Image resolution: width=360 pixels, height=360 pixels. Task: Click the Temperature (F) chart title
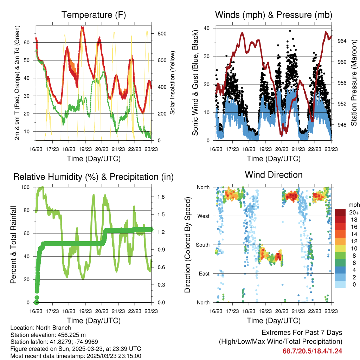coord(94,15)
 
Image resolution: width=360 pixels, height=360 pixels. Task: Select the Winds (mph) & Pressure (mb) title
coord(274,15)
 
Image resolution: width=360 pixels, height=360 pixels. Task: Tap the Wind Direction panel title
coord(274,175)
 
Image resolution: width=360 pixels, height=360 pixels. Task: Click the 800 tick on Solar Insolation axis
coord(162,33)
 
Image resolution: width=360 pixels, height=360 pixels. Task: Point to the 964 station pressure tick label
coord(342,41)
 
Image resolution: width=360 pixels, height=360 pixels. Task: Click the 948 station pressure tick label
coord(342,125)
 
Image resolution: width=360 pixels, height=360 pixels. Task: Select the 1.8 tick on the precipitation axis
coord(161,197)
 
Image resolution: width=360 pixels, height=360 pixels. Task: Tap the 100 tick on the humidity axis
coord(25,187)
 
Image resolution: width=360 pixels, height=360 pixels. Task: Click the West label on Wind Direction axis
coord(204,216)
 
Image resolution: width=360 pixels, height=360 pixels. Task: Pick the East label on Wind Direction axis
coord(204,274)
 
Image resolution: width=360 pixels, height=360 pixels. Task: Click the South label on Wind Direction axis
coord(203,245)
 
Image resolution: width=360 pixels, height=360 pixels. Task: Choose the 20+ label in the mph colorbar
coord(354,212)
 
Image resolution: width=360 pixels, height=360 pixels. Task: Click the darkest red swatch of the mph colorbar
coord(340,212)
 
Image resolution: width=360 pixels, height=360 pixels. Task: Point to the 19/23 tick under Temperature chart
coord(85,149)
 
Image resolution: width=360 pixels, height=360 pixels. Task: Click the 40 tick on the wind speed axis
coord(206,28)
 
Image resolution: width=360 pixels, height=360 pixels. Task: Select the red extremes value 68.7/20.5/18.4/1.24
coord(312,351)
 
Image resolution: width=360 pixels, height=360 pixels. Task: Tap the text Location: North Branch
coord(41,328)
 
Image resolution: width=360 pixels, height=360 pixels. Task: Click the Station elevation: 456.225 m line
coord(48,335)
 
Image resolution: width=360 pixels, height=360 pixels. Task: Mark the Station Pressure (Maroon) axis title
coord(354,83)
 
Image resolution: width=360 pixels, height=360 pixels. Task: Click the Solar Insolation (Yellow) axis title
coord(172,83)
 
